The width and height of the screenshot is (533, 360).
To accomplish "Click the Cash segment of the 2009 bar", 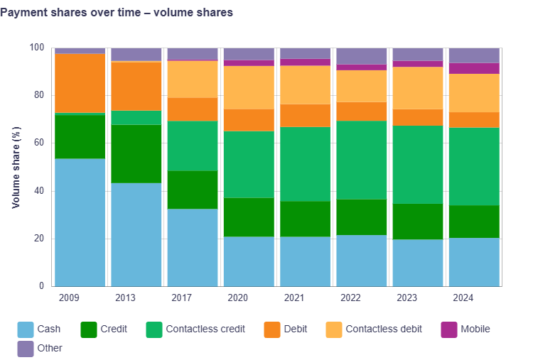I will coord(80,222).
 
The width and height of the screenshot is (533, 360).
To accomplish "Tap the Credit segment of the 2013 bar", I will coord(136,153).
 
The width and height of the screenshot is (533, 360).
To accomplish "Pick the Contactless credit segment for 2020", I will coord(249,164).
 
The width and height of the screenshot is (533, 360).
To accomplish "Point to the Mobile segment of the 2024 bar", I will coord(474,68).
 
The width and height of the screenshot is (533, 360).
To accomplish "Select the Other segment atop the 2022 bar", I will coord(361,56).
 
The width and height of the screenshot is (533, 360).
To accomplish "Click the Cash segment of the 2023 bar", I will coord(418,263).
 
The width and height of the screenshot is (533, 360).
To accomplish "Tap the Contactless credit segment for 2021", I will coord(305,164).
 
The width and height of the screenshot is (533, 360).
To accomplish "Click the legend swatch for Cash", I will coord(26,329).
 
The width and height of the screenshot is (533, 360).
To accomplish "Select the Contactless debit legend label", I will coord(384,329).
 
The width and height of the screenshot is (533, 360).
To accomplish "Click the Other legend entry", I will coord(50,349).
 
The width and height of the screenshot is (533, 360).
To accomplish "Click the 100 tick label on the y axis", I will coord(36,48).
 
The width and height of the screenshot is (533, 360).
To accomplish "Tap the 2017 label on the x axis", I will coord(181,298).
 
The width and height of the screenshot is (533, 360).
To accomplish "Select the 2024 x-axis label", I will coord(463,298).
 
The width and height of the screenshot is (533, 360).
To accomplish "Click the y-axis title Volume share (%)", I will coord(16,168).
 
